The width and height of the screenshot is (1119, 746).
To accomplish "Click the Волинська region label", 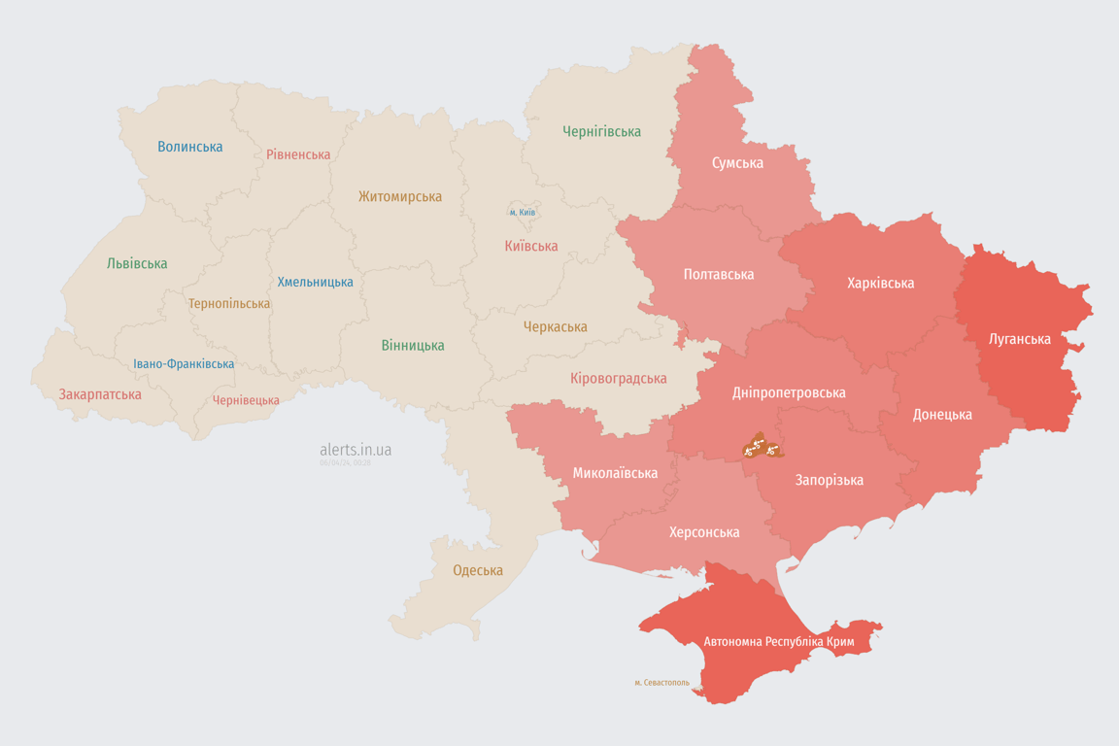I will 190,147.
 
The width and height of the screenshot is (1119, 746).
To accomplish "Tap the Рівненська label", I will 298,154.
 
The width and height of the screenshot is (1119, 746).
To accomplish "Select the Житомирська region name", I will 399,196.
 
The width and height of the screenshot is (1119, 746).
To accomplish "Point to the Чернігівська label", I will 601,131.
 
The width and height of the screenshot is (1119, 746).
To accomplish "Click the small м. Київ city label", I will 523,212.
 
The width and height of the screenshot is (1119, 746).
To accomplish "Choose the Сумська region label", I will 737,162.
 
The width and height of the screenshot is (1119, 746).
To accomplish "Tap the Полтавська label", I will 719,274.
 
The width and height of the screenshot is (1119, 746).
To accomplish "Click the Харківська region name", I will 880,283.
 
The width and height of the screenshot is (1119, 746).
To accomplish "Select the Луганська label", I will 1019,339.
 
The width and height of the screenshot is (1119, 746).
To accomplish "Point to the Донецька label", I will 942,414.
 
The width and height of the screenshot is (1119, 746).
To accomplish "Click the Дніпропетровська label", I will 789,392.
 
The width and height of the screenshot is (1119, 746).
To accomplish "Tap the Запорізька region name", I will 829,480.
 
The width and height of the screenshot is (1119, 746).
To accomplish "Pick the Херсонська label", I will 704,531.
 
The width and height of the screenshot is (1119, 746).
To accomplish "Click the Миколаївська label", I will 615,473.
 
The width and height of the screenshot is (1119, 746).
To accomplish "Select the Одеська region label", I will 478,570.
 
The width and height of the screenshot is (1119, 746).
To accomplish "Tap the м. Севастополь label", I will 662,682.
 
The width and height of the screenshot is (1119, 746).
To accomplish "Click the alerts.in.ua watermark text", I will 356,450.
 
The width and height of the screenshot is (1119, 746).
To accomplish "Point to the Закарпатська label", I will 100,394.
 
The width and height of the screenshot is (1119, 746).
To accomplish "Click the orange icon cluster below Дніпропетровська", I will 760,448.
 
